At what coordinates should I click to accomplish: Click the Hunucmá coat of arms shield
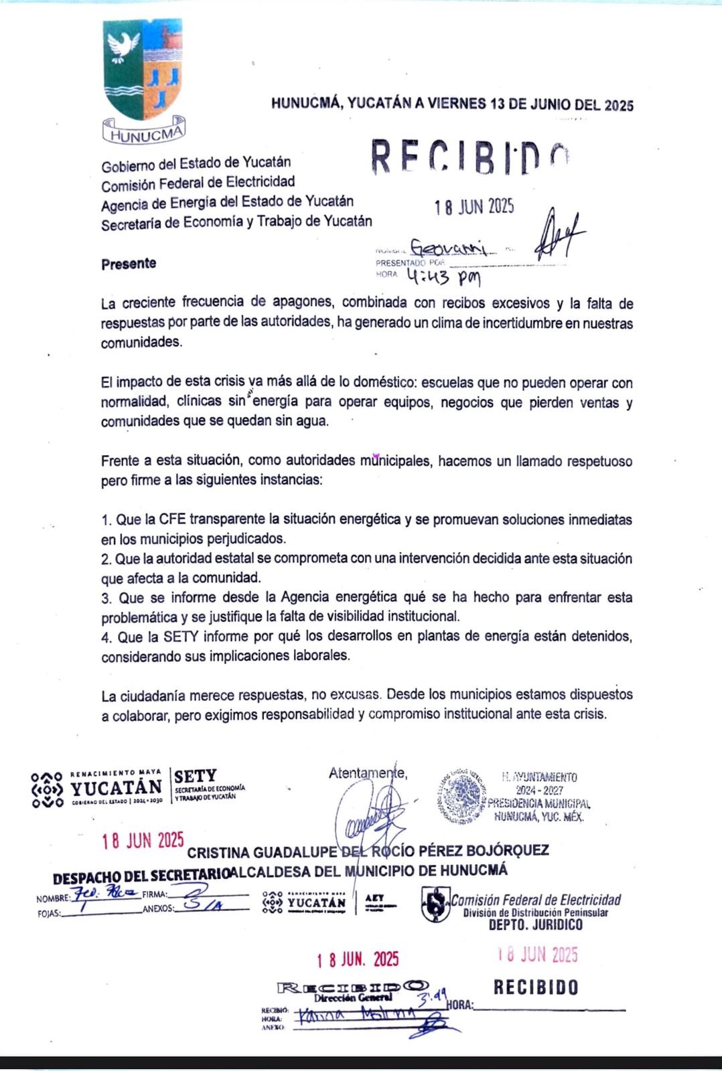[143, 70]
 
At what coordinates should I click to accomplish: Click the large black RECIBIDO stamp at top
[470, 157]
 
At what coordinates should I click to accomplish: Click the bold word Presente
[129, 264]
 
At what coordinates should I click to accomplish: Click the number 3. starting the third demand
[106, 598]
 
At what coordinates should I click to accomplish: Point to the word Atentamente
[367, 773]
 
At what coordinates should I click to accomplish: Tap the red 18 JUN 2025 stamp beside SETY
[143, 841]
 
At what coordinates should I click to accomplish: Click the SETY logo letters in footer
[195, 776]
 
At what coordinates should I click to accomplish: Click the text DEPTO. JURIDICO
[535, 925]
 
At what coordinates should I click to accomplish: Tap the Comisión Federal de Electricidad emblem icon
[435, 904]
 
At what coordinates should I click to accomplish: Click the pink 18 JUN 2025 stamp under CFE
[537, 955]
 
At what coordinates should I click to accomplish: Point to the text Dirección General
[352, 997]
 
